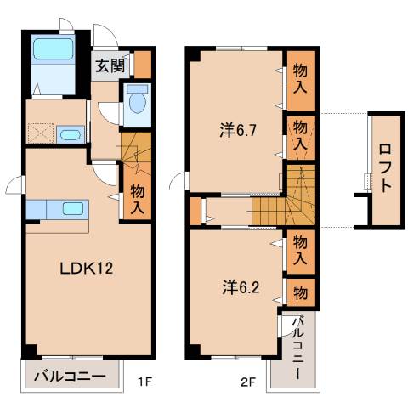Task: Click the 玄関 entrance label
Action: point(107,65)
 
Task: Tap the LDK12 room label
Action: point(86,269)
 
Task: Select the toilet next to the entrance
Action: point(136,102)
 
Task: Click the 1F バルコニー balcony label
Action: point(70,376)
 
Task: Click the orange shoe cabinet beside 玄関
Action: point(142,65)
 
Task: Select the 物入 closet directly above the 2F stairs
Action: point(301,133)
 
